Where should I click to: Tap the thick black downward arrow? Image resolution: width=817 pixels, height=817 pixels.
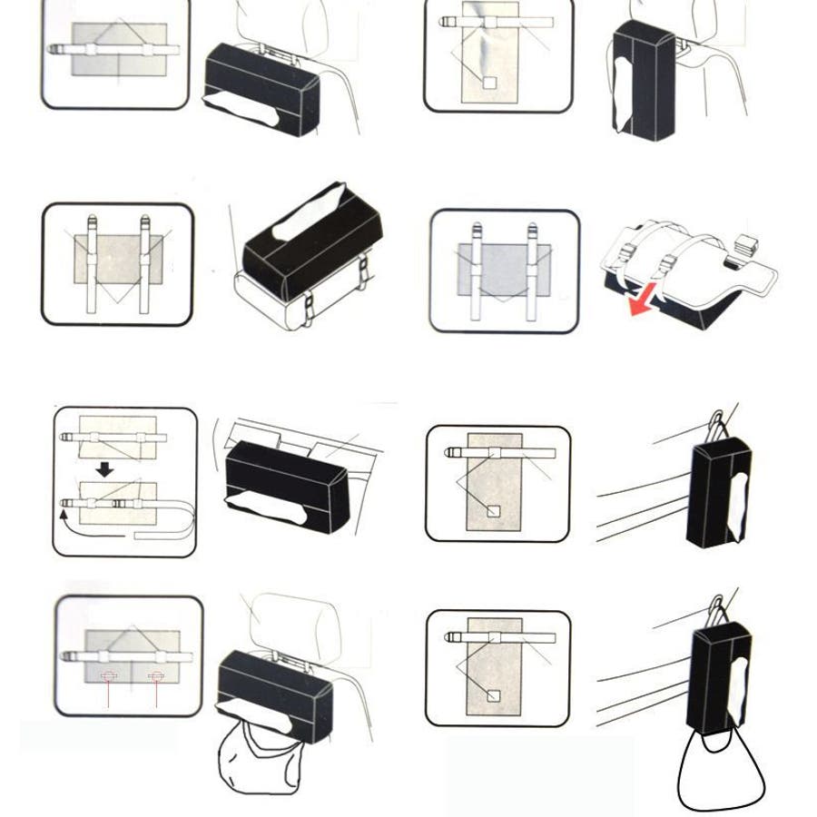pos(105,469)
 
